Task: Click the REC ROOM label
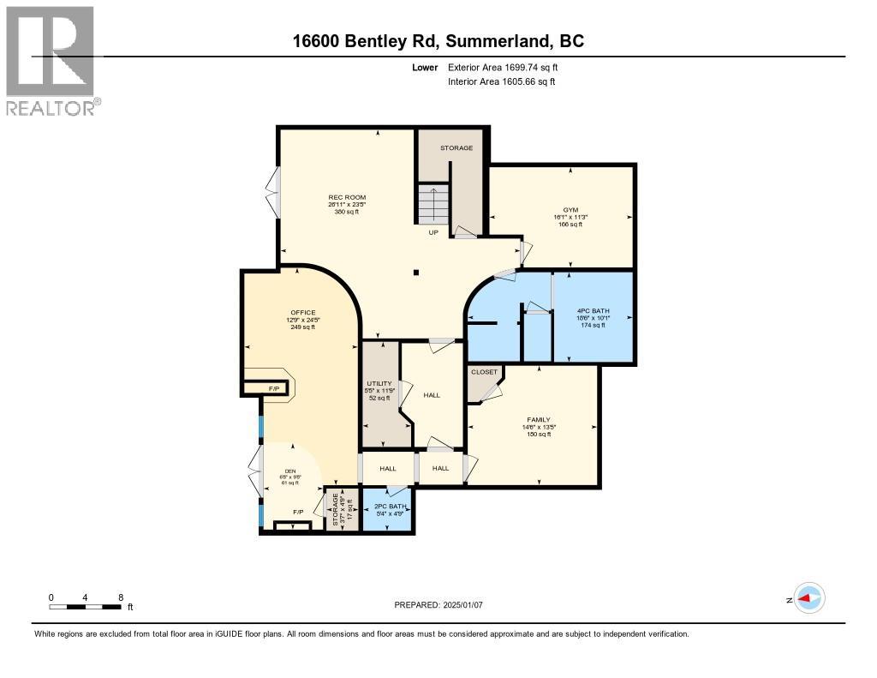point(348,198)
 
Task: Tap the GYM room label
point(570,209)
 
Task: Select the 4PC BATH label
point(593,310)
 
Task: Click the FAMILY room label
point(539,420)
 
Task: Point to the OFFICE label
point(301,313)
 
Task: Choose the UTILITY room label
point(379,383)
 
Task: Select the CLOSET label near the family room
point(483,372)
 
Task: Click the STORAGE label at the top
point(456,148)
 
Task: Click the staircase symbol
point(433,204)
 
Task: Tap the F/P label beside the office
point(274,389)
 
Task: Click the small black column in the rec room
point(415,273)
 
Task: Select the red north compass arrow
point(808,598)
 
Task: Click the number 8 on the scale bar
point(121,597)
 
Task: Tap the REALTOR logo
point(51,60)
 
